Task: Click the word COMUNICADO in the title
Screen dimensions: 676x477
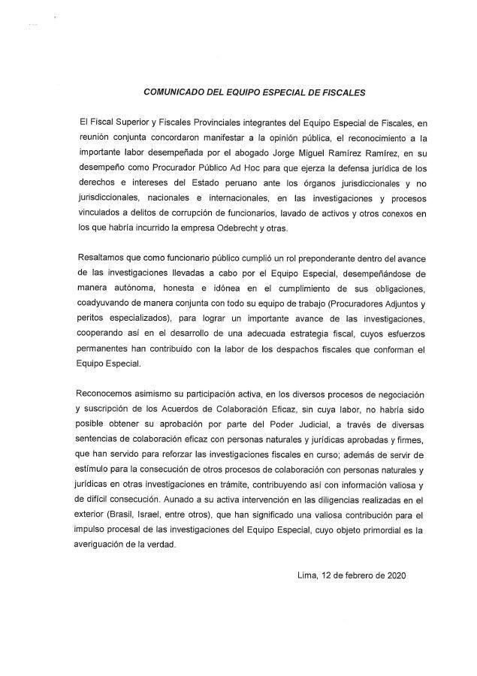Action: coord(174,94)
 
